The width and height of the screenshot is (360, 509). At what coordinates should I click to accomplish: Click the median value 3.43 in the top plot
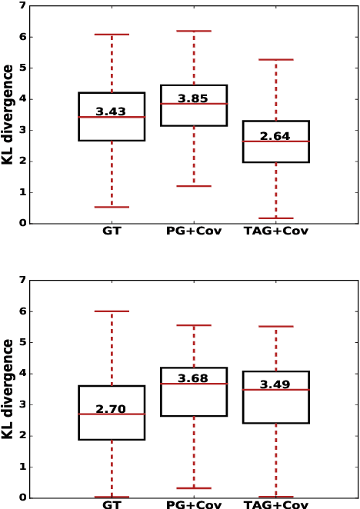111,112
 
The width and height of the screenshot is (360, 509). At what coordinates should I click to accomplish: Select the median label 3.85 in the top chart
193,99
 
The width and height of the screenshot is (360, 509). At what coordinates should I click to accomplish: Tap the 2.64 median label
275,137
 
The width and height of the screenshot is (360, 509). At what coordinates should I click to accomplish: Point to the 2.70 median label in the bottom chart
111,410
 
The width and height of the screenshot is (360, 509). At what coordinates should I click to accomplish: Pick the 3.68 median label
193,379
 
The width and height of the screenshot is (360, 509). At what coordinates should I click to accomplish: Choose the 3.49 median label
275,384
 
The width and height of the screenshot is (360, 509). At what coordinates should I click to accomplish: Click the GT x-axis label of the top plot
112,231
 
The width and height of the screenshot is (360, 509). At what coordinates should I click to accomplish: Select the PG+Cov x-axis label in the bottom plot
194,504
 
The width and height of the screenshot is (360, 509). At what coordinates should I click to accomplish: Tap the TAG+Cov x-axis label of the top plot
275,231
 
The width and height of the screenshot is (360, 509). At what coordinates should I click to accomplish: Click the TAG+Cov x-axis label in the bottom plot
275,504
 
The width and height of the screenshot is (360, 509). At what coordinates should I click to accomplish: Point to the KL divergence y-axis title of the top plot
8,115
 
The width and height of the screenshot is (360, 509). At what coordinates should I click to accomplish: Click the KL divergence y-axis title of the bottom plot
8,389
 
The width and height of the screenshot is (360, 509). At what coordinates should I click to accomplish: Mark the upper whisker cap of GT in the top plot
112,35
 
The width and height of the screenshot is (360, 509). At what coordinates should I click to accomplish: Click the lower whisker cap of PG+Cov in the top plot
194,186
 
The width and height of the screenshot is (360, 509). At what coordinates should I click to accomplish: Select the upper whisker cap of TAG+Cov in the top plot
275,59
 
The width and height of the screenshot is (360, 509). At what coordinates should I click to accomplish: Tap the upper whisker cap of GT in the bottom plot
112,311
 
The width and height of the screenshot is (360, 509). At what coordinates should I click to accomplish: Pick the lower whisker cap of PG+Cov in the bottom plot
194,487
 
